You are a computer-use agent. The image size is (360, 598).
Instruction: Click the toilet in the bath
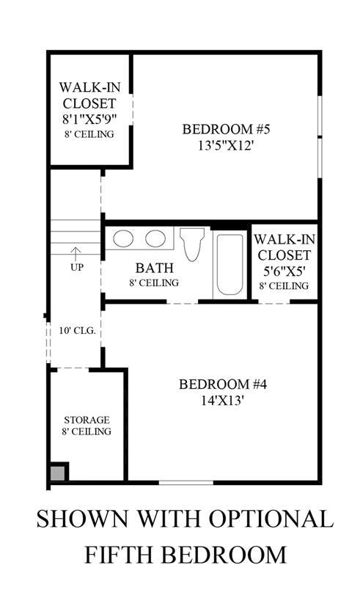192,244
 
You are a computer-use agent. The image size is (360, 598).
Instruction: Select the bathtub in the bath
229,264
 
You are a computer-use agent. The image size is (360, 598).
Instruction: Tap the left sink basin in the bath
123,238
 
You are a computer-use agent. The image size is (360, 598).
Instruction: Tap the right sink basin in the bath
155,238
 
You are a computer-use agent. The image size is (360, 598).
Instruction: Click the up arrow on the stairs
76,253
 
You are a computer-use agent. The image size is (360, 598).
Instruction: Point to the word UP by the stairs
77,268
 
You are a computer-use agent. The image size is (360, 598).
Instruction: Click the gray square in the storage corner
57,473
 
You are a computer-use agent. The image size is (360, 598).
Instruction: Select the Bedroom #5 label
226,129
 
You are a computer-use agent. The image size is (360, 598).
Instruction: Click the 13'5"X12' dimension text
226,146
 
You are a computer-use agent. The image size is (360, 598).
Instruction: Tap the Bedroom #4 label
223,384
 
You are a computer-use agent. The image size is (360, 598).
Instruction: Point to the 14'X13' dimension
223,401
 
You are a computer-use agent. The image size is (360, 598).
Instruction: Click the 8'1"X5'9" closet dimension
89,120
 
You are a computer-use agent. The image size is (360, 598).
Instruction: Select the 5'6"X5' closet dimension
284,271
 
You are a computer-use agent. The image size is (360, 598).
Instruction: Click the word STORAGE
87,420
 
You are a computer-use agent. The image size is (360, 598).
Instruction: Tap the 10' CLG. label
77,330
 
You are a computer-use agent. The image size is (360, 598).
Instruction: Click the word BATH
154,268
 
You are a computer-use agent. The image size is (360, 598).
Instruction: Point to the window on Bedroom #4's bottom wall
186,483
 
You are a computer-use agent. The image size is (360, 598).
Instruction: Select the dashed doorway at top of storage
73,368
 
